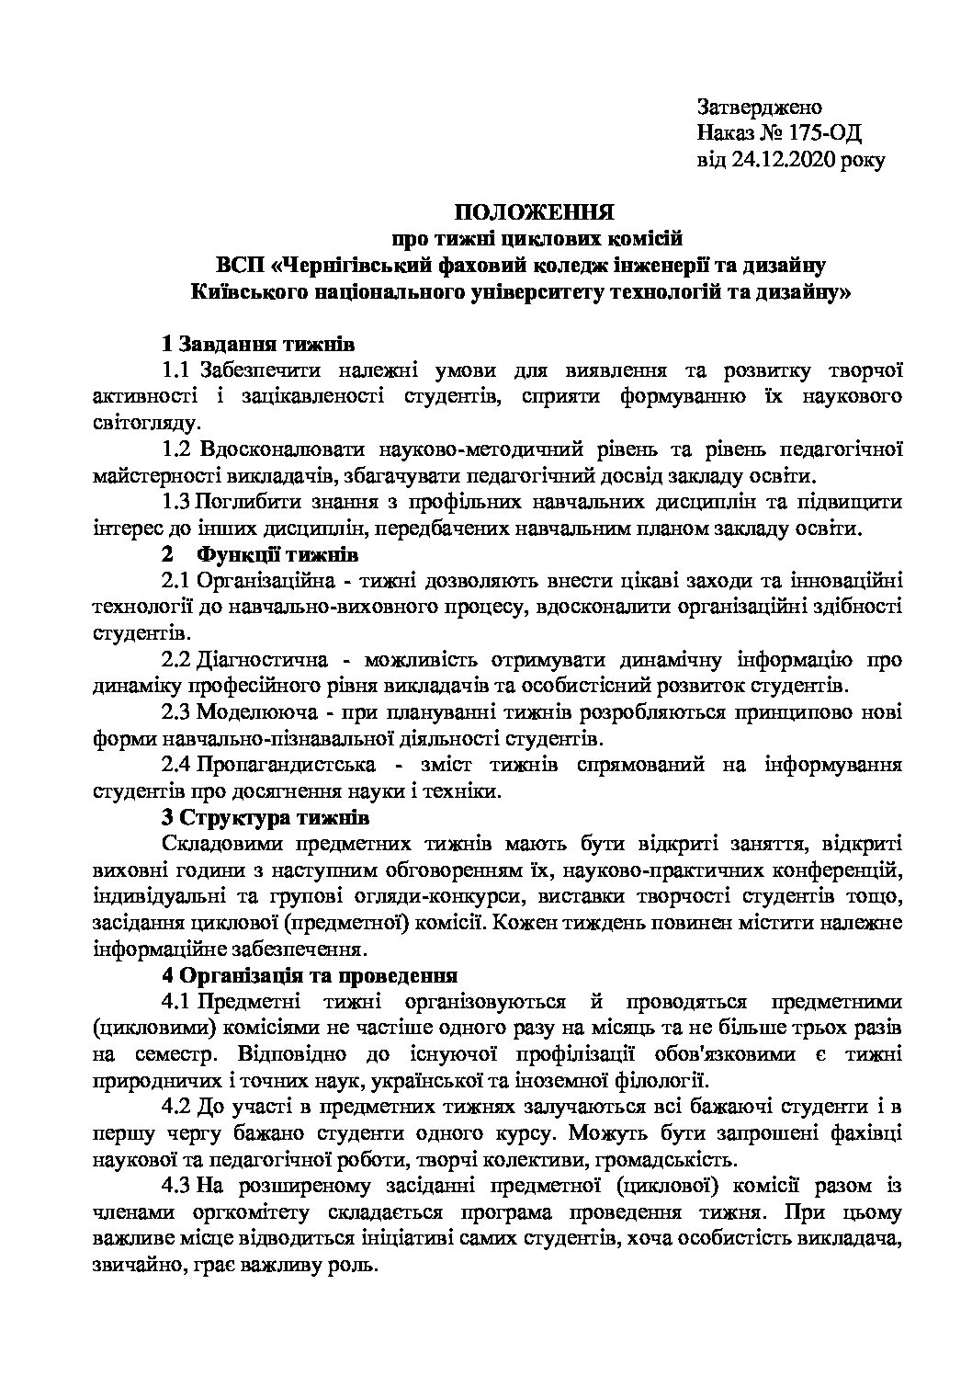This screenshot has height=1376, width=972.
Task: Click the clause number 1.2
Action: [175, 450]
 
